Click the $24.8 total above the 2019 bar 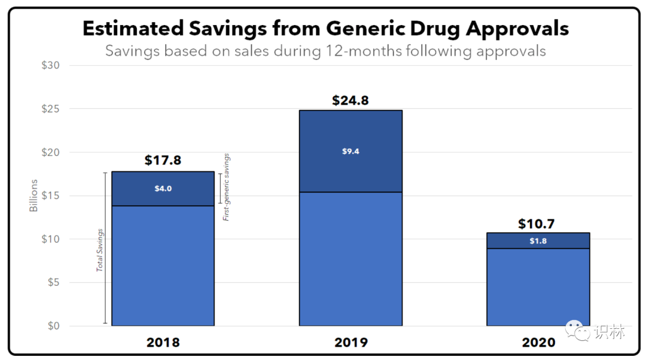tap(351, 100)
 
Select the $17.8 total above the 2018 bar tap(163, 160)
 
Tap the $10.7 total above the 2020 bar tap(537, 224)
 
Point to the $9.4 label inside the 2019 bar tap(351, 151)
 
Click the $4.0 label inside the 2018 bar tap(163, 188)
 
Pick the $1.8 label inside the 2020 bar tap(538, 241)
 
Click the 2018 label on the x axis tap(163, 343)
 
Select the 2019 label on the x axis tap(351, 343)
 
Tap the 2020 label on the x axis tap(538, 343)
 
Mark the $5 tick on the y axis tap(52, 282)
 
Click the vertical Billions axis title tap(34, 196)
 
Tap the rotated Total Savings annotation tap(100, 250)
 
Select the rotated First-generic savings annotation tap(226, 187)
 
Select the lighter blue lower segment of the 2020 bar tap(538, 287)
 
